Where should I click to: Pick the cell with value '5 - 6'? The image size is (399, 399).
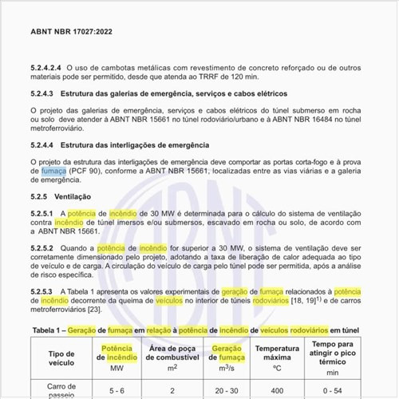click(116, 392)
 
